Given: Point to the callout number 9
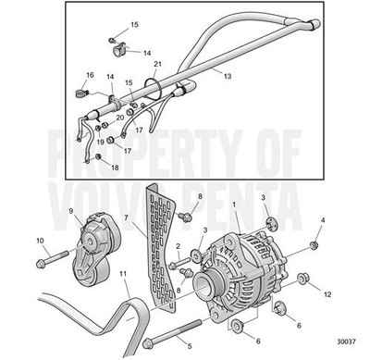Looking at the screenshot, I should (x=70, y=211).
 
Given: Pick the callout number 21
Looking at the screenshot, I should (x=157, y=64).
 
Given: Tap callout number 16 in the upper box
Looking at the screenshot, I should (x=90, y=74).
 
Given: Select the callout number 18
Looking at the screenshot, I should (x=115, y=168).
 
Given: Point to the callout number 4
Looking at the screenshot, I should (x=322, y=220).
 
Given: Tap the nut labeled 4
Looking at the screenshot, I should (x=315, y=244).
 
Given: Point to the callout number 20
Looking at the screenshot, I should (x=119, y=118).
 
